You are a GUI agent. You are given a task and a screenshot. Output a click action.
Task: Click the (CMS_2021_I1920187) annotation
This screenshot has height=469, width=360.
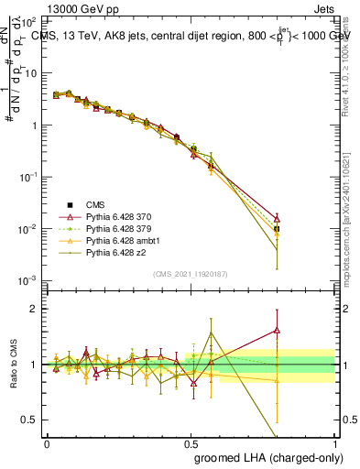191,274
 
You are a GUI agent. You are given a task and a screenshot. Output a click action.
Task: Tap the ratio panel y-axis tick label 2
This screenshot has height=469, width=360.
34,309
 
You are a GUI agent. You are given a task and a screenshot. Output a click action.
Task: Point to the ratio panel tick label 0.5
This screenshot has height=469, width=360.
30,420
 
